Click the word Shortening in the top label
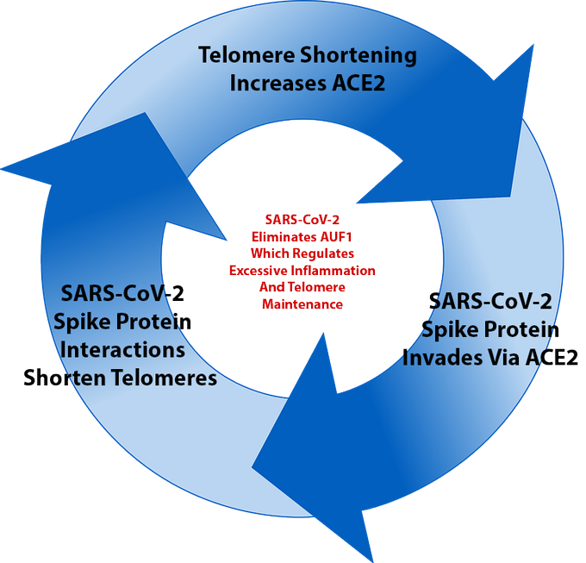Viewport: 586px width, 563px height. coord(356,56)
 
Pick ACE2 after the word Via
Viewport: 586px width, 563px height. coord(552,357)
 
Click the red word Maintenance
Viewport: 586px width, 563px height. coord(302,304)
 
